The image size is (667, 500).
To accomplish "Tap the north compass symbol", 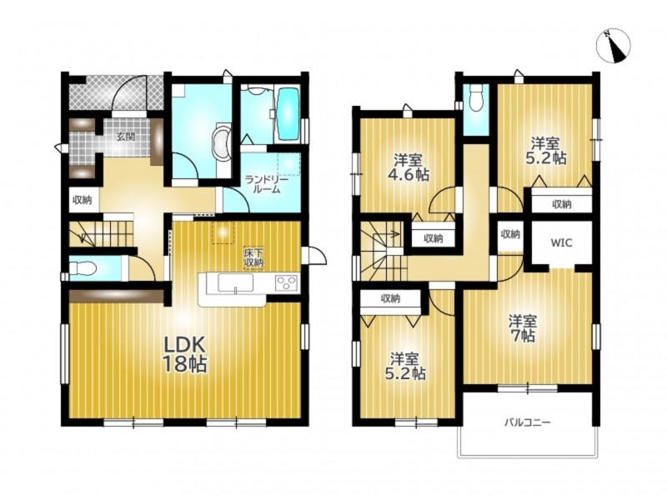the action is coord(614,47).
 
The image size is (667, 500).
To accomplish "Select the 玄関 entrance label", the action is coord(127,137).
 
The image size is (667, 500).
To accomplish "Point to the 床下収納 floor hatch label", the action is coord(253,257).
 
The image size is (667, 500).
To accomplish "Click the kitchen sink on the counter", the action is coord(235,282).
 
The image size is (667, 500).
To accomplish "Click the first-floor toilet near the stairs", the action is coord(83,268).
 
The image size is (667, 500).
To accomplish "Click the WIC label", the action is coord(561,242).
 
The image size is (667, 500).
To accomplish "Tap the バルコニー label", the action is coord(528,422).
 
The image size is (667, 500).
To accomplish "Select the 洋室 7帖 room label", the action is coord(524,328).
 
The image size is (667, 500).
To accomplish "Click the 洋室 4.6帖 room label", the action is coord(408,167).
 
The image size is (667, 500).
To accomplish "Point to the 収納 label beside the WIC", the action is coord(510,234).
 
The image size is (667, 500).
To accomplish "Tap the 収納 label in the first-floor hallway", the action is coord(82,200).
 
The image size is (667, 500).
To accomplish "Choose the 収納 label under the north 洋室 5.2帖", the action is coord(561,204).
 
